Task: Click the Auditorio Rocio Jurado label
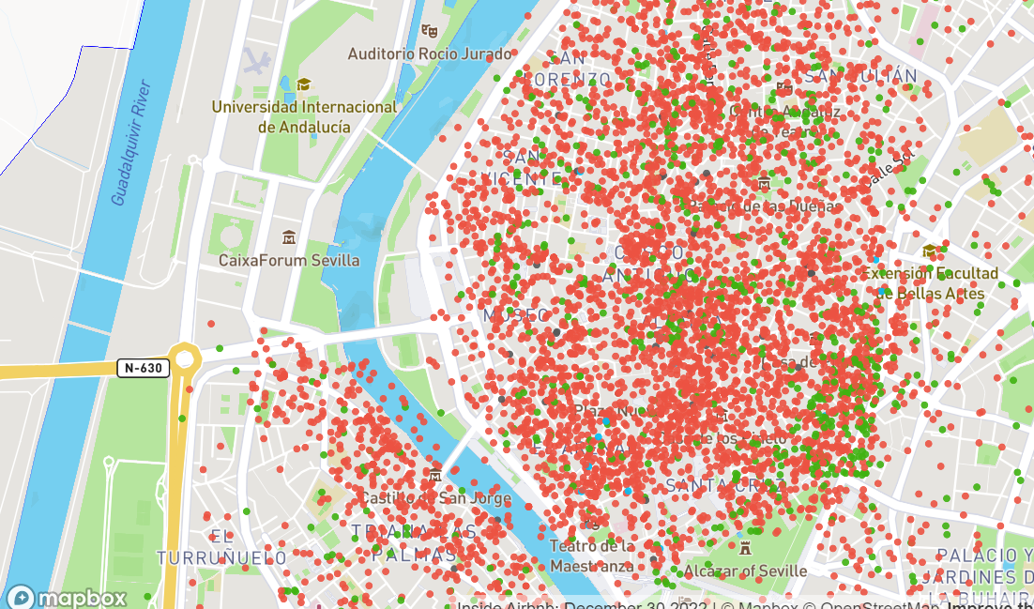click(430, 54)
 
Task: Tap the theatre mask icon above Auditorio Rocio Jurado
click(430, 31)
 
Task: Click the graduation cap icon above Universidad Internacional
click(303, 85)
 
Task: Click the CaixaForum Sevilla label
click(289, 260)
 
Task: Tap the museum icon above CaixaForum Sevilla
click(288, 236)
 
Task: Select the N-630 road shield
click(144, 368)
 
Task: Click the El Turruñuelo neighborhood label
click(221, 547)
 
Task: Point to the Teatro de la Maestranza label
click(592, 556)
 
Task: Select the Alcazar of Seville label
click(745, 571)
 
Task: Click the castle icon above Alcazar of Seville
click(745, 547)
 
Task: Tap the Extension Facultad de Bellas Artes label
click(930, 283)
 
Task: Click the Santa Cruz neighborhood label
click(724, 485)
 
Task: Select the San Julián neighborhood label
click(860, 76)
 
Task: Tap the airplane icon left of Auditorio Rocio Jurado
click(255, 62)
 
